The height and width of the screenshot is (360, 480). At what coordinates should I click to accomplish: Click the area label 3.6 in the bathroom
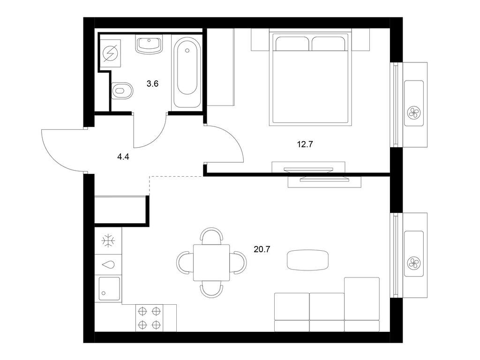152,83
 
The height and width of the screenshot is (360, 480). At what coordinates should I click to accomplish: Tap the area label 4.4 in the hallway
123,157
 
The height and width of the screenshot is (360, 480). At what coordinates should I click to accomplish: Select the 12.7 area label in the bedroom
305,144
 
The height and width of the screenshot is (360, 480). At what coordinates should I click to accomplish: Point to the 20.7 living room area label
262,249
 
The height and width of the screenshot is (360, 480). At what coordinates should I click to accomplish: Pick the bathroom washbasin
149,45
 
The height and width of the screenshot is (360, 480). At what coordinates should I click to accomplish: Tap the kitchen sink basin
109,289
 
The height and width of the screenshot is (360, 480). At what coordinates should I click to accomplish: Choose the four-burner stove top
150,318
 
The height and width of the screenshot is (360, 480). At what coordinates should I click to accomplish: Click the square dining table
211,262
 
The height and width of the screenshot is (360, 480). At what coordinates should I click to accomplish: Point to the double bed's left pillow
292,44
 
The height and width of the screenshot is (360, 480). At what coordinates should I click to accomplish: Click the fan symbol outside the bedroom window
414,112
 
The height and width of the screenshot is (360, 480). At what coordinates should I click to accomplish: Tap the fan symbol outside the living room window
414,263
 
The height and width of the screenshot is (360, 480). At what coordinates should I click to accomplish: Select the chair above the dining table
211,236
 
